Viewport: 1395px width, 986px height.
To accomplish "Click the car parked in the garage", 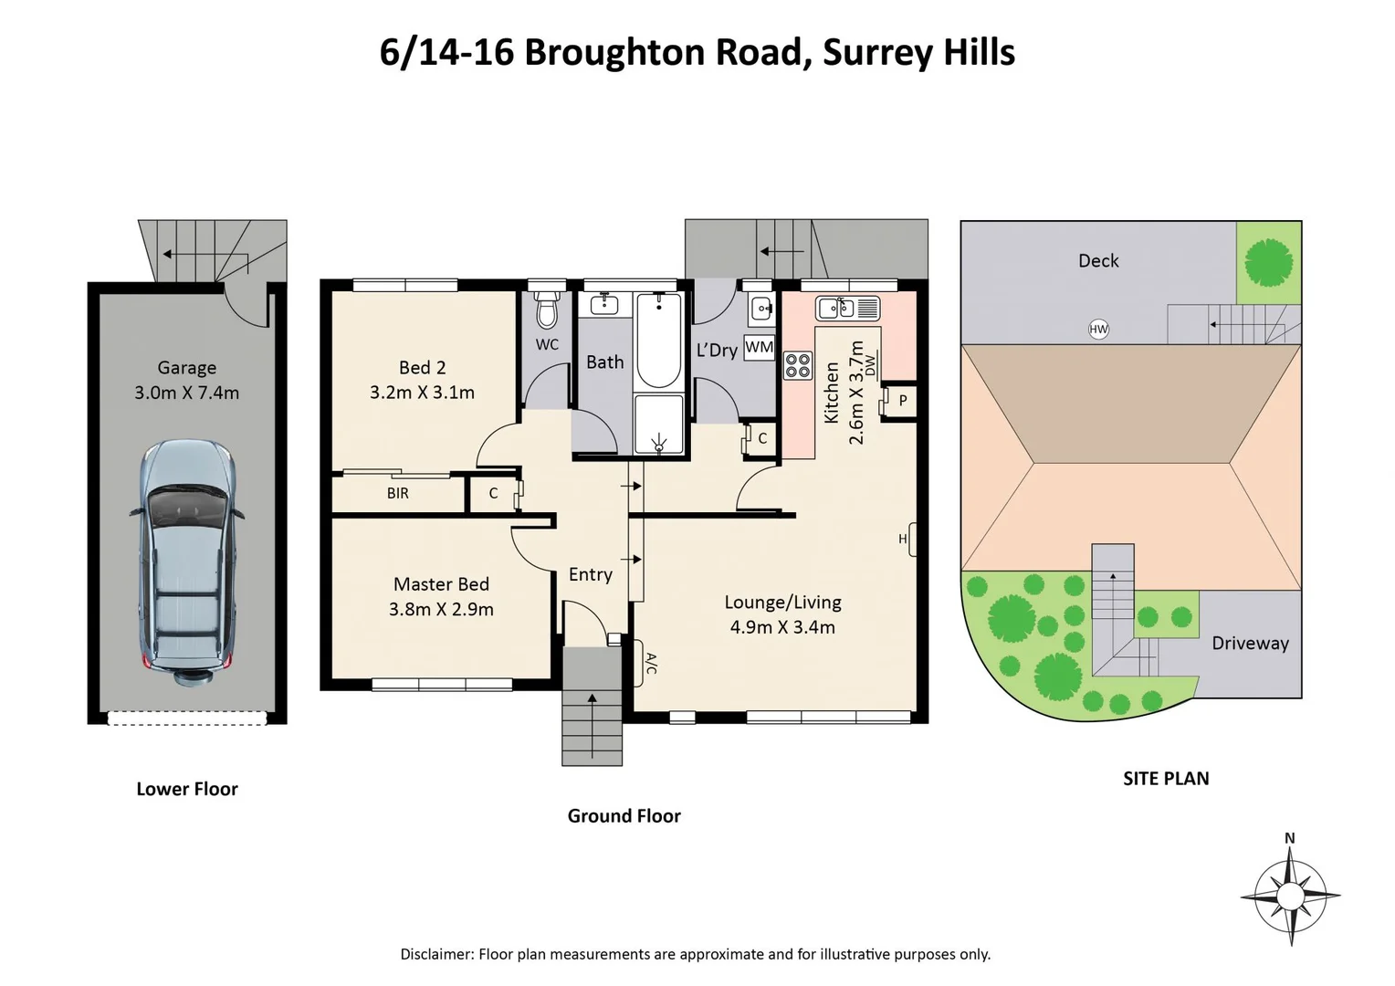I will point(187,563).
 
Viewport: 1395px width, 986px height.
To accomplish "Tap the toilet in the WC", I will point(547,309).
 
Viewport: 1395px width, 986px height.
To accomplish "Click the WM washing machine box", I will point(759,348).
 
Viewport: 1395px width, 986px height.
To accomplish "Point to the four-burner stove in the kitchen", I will point(797,365).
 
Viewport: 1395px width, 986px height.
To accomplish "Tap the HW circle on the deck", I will point(1098,330).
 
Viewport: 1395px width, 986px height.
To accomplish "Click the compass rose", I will point(1290,896).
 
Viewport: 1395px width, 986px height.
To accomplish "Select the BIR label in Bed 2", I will point(398,494).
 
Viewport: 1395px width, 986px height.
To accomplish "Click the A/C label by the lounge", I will point(651,663).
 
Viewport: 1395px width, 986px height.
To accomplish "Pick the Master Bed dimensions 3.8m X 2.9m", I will point(441,609).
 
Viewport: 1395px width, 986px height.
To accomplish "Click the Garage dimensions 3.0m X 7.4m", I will point(187,393).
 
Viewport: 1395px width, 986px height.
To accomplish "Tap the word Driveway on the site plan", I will point(1250,643).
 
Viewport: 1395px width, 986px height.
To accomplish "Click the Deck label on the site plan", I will point(1098,261).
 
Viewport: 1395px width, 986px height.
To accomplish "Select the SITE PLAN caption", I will point(1166,779).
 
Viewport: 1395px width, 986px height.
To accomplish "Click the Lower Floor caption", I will point(187,789).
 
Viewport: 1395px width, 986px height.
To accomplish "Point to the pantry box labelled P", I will point(902,401).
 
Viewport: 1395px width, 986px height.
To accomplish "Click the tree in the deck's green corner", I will point(1269,262).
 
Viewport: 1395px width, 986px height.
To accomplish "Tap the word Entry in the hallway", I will point(590,574).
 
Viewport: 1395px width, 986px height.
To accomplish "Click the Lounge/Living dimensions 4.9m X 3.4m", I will point(782,627).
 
